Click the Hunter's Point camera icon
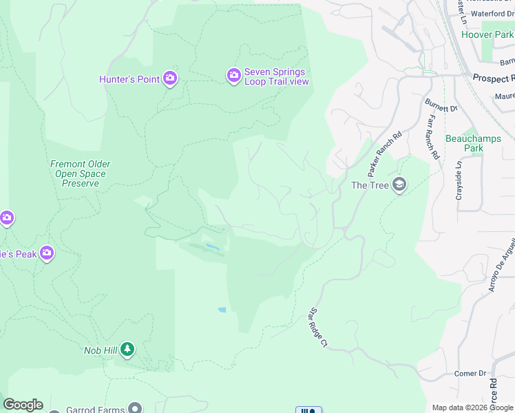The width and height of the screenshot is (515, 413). click(170, 78)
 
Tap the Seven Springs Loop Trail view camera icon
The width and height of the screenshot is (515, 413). click(234, 74)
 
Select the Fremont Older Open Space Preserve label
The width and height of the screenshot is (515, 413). click(81, 174)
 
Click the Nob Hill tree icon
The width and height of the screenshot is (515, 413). click(127, 350)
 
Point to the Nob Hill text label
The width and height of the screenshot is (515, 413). click(101, 350)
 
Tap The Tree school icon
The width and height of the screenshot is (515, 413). click(399, 184)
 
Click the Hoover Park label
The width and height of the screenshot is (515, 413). click(487, 34)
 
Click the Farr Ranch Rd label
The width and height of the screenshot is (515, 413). click(432, 138)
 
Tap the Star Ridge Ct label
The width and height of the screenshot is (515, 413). click(317, 328)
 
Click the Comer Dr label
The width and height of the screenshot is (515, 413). click(470, 374)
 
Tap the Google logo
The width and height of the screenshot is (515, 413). click(23, 405)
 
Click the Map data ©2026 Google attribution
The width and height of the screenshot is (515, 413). click(472, 407)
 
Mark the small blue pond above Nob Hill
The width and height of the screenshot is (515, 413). click(222, 310)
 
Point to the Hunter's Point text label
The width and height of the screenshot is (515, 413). click(129, 79)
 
